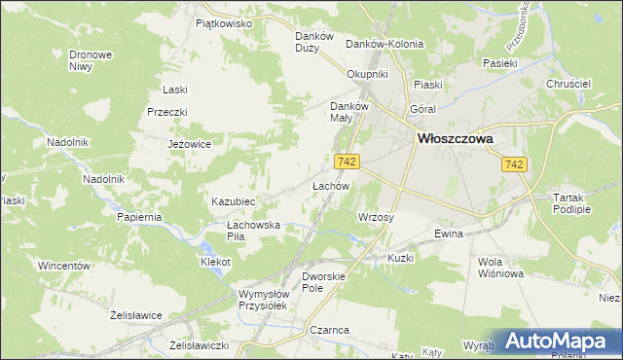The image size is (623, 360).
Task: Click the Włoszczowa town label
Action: tap(455, 139)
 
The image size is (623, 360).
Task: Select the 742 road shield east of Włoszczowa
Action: tap(516, 166)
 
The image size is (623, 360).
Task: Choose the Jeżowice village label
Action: tap(190, 144)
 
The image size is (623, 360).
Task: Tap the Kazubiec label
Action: tap(233, 201)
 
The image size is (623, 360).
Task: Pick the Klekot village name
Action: tap(215, 263)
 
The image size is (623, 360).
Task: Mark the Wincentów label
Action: tap(64, 266)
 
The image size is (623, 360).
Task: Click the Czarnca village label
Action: tap(330, 330)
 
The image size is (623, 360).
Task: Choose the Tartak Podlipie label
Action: tap(571, 202)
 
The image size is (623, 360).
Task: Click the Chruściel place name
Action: tap(569, 85)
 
